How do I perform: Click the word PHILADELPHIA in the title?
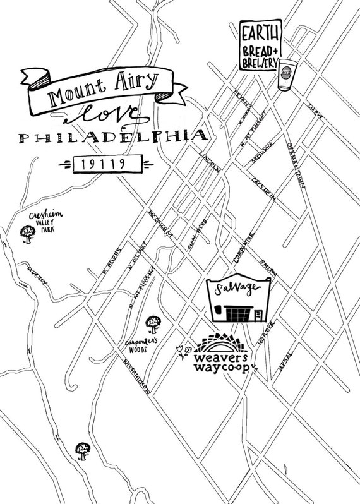(x=113, y=137)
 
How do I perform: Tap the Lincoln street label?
(x=209, y=162)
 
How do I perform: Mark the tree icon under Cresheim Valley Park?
(x=28, y=234)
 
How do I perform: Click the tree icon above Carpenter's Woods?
(x=152, y=325)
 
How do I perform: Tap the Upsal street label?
(x=284, y=361)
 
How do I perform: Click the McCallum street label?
(x=161, y=225)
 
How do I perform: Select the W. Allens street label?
(x=111, y=270)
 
